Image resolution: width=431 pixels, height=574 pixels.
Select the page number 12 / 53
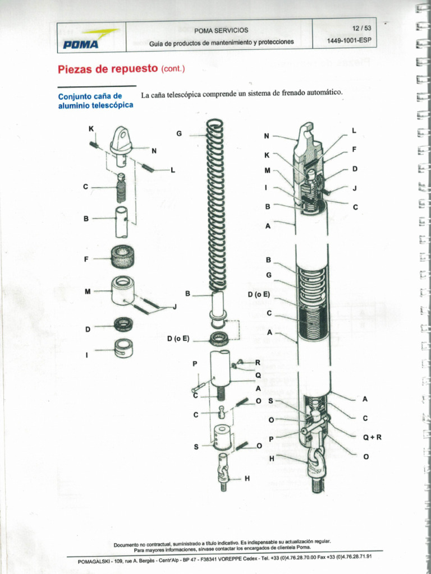361,28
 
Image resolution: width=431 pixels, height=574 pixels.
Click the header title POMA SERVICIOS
221,30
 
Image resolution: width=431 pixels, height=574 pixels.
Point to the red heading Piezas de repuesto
108,69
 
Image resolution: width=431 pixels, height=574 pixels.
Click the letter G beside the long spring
179,133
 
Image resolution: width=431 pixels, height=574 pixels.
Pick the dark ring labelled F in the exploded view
122,257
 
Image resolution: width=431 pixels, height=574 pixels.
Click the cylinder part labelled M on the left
122,290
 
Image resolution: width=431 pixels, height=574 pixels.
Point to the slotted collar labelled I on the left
123,348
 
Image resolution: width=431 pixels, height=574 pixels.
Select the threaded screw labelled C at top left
121,189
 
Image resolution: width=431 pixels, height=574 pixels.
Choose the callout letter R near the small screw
258,363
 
